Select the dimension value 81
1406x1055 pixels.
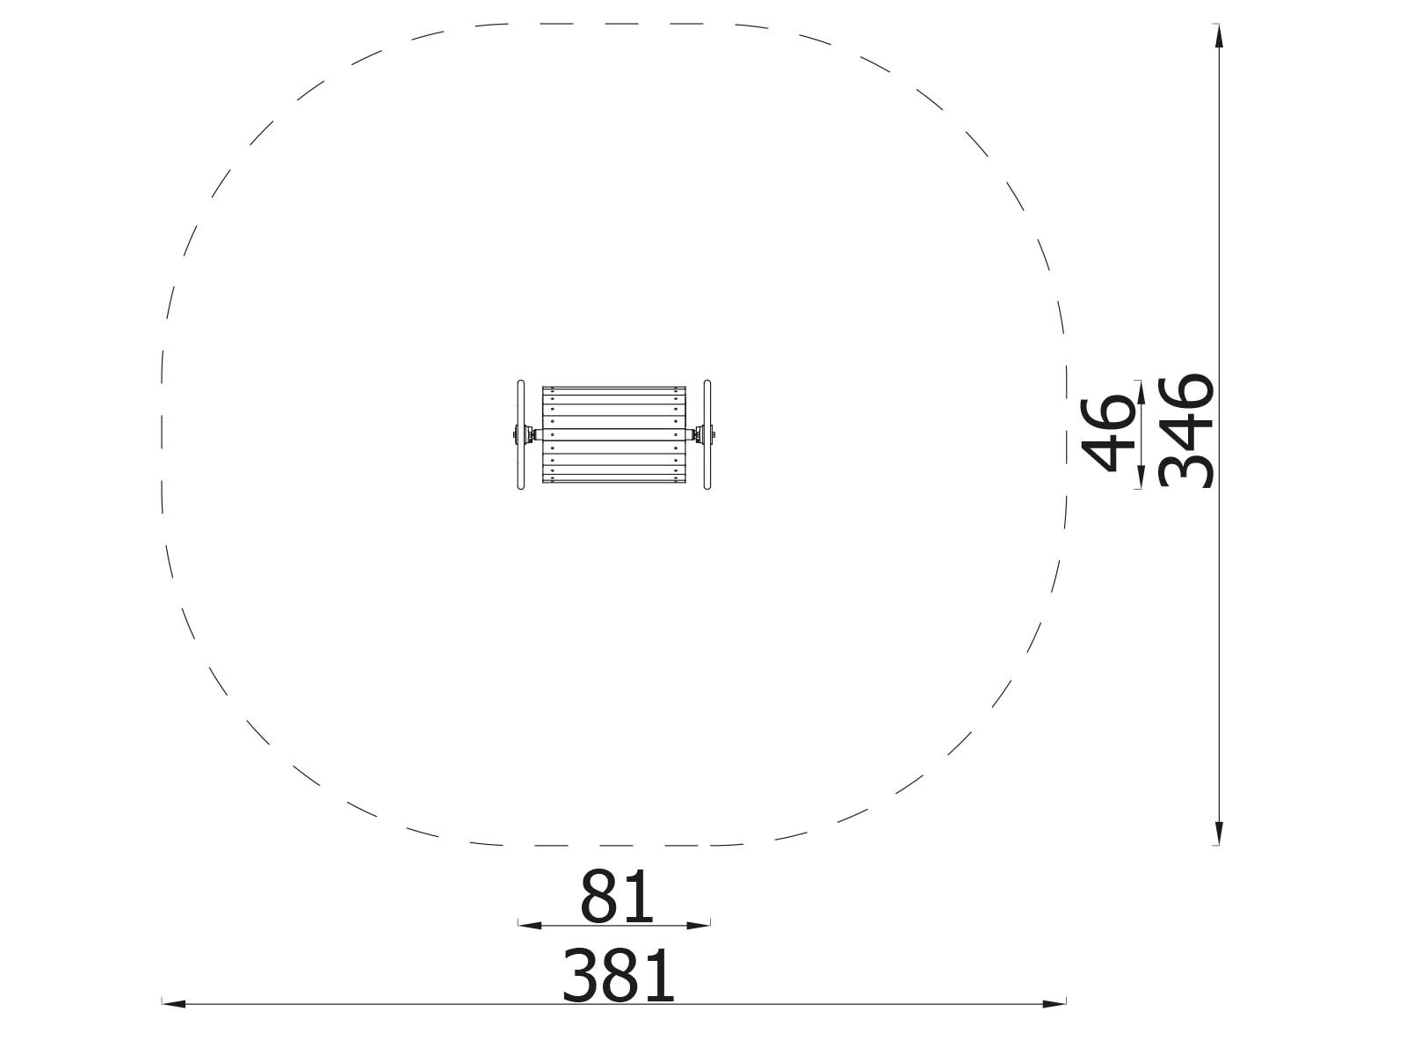click(616, 897)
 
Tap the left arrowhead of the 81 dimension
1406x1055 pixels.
click(530, 925)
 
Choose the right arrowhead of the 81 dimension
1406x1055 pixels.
click(699, 925)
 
